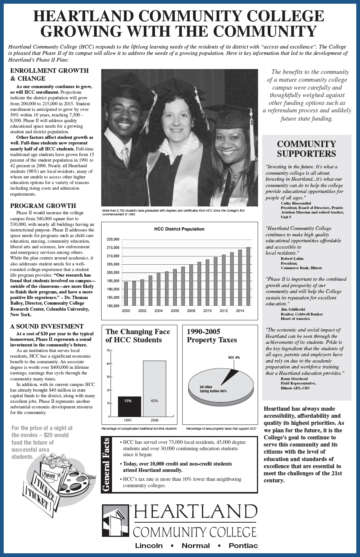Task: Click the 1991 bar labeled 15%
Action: click(129, 406)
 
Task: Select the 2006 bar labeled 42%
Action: click(154, 388)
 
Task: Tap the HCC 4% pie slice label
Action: click(234, 358)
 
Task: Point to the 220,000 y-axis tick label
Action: click(113, 239)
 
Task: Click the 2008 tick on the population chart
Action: click(191, 311)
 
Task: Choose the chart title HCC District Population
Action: click(179, 229)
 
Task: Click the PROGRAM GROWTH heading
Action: click(43, 206)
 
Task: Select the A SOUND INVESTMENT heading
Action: click(47, 326)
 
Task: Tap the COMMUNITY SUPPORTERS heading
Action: click(306, 149)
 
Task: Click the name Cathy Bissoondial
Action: click(296, 203)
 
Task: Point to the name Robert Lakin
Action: click(292, 258)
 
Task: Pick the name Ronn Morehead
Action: click(294, 379)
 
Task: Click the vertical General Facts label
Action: click(106, 464)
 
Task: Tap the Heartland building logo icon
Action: click(115, 520)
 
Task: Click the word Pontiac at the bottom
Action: click(243, 545)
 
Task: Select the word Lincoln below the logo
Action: click(149, 545)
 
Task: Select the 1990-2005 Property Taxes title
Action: click(212, 336)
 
